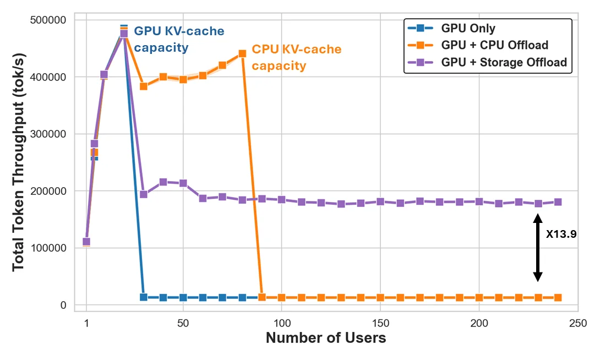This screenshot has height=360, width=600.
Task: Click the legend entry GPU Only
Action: point(467,29)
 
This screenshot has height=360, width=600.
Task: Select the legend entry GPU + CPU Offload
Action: point(494,45)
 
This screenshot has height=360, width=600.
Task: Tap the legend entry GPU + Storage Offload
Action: point(503,62)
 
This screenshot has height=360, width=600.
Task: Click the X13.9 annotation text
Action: point(561,234)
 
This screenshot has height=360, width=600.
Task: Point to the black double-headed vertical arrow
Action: point(538,248)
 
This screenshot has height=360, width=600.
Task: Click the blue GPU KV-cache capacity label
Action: point(179,39)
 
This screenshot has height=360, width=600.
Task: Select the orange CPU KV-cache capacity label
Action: point(296,57)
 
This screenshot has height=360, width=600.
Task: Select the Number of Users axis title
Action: point(326,338)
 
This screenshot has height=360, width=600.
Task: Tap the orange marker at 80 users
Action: point(242,54)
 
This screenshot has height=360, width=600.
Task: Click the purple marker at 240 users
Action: point(558,202)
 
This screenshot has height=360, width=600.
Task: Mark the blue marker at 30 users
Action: point(144,297)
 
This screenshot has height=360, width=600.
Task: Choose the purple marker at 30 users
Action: point(144,194)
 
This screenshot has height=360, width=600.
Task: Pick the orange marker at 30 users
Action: point(144,86)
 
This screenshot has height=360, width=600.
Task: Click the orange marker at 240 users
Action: point(558,298)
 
